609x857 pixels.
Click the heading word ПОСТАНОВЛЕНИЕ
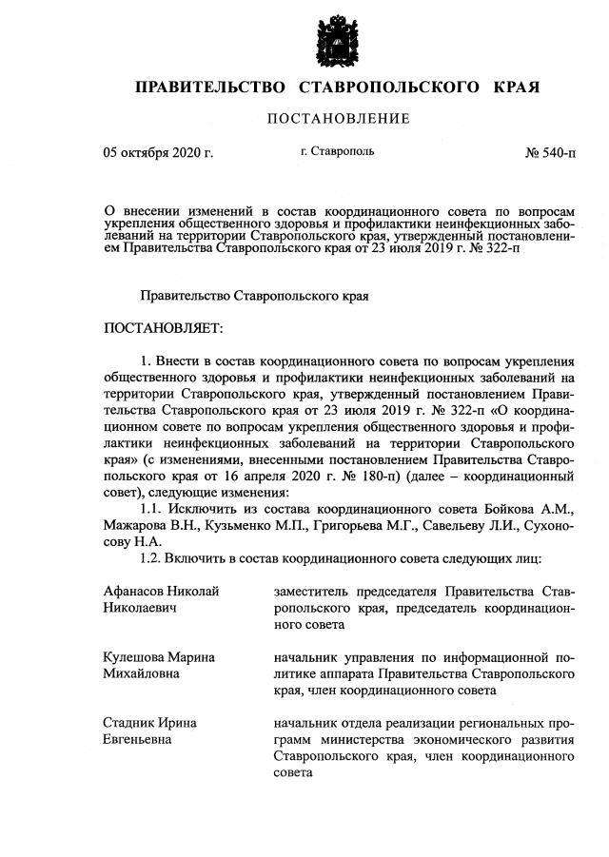pos(338,119)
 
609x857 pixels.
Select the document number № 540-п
pos(550,152)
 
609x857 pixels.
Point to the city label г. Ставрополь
pos(338,151)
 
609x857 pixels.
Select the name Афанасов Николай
pos(161,592)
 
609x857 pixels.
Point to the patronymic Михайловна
pos(145,673)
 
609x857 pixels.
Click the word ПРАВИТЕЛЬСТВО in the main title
pos(211,88)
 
